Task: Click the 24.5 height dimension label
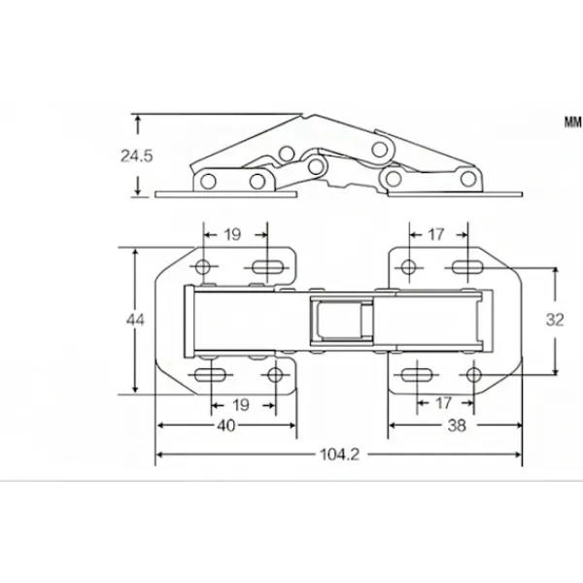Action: click(136, 155)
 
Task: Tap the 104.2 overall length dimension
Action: click(340, 455)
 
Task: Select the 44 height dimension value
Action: click(135, 320)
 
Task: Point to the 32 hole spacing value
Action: click(555, 320)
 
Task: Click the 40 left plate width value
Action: click(226, 426)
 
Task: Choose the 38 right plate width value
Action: click(457, 426)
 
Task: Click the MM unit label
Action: click(573, 122)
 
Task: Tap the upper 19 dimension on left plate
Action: click(232, 234)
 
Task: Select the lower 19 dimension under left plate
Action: click(240, 405)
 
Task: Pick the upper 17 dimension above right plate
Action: click(435, 234)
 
